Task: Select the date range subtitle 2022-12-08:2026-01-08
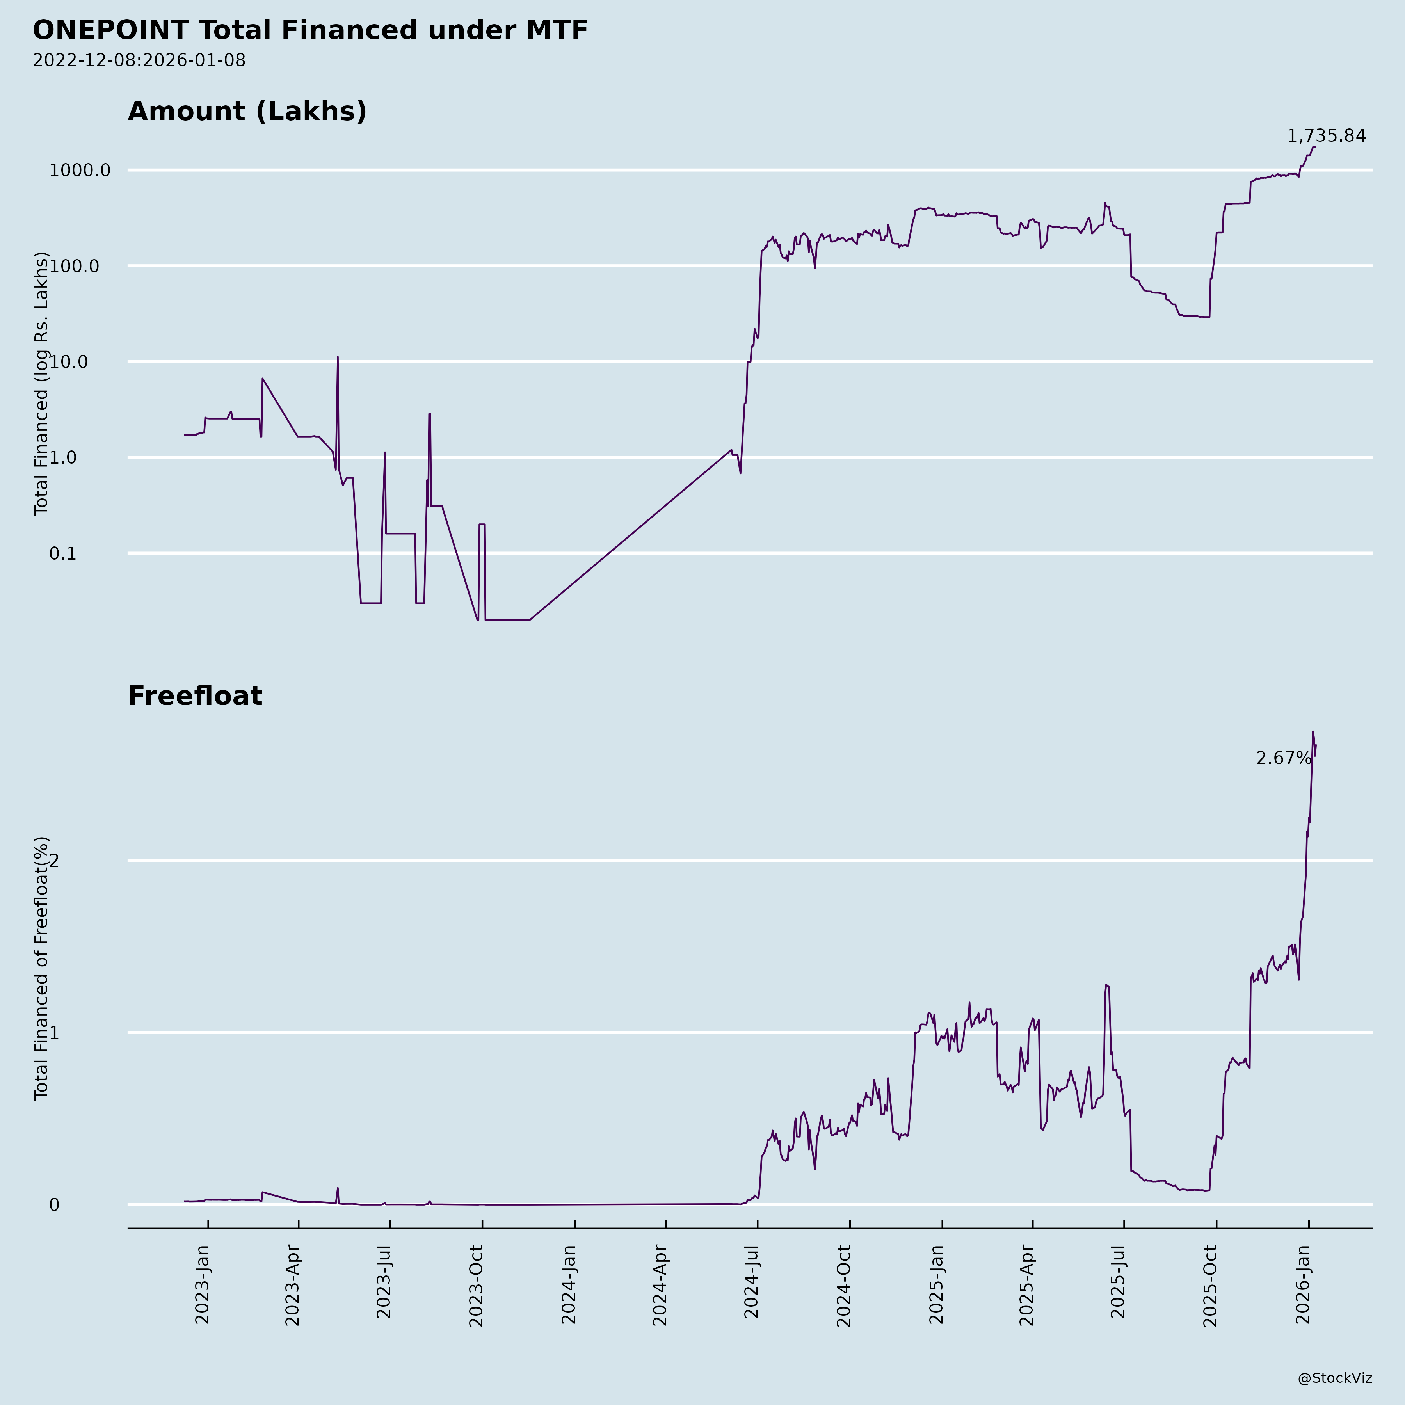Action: pos(139,60)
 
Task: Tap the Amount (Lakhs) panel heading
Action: pos(247,111)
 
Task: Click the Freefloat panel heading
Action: pos(195,696)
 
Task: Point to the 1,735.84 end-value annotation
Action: pos(1326,136)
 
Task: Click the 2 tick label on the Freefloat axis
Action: pos(54,860)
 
